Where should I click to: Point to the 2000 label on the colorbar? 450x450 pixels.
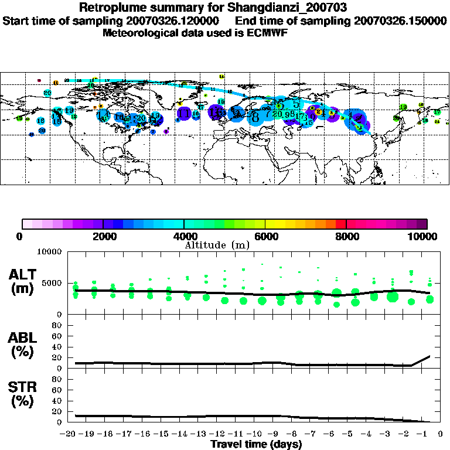pos(103,236)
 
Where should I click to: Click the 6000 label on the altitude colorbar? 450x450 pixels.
pos(265,236)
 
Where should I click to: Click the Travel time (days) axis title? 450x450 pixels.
pos(257,445)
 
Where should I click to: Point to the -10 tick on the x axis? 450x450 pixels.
pos(257,435)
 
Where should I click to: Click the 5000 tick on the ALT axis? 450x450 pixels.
pos(53,283)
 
